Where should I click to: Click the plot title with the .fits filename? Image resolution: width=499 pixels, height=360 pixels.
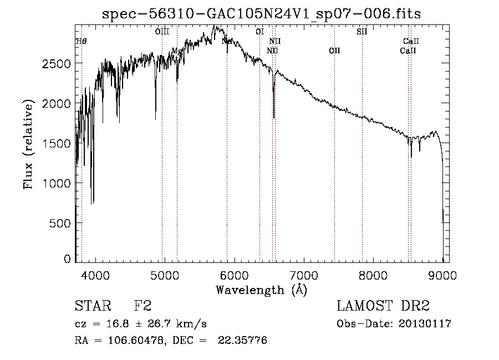pos(262,14)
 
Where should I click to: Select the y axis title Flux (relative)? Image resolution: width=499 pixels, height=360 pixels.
pos(28,143)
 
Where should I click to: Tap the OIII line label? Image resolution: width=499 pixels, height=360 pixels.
pos(162,32)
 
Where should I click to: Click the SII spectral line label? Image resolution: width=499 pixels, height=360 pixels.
pos(361,32)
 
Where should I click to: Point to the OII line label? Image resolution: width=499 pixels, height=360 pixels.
pos(334,51)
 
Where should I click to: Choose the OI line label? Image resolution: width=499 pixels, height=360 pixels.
pos(259,32)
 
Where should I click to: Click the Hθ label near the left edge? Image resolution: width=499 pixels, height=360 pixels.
pos(81,41)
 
